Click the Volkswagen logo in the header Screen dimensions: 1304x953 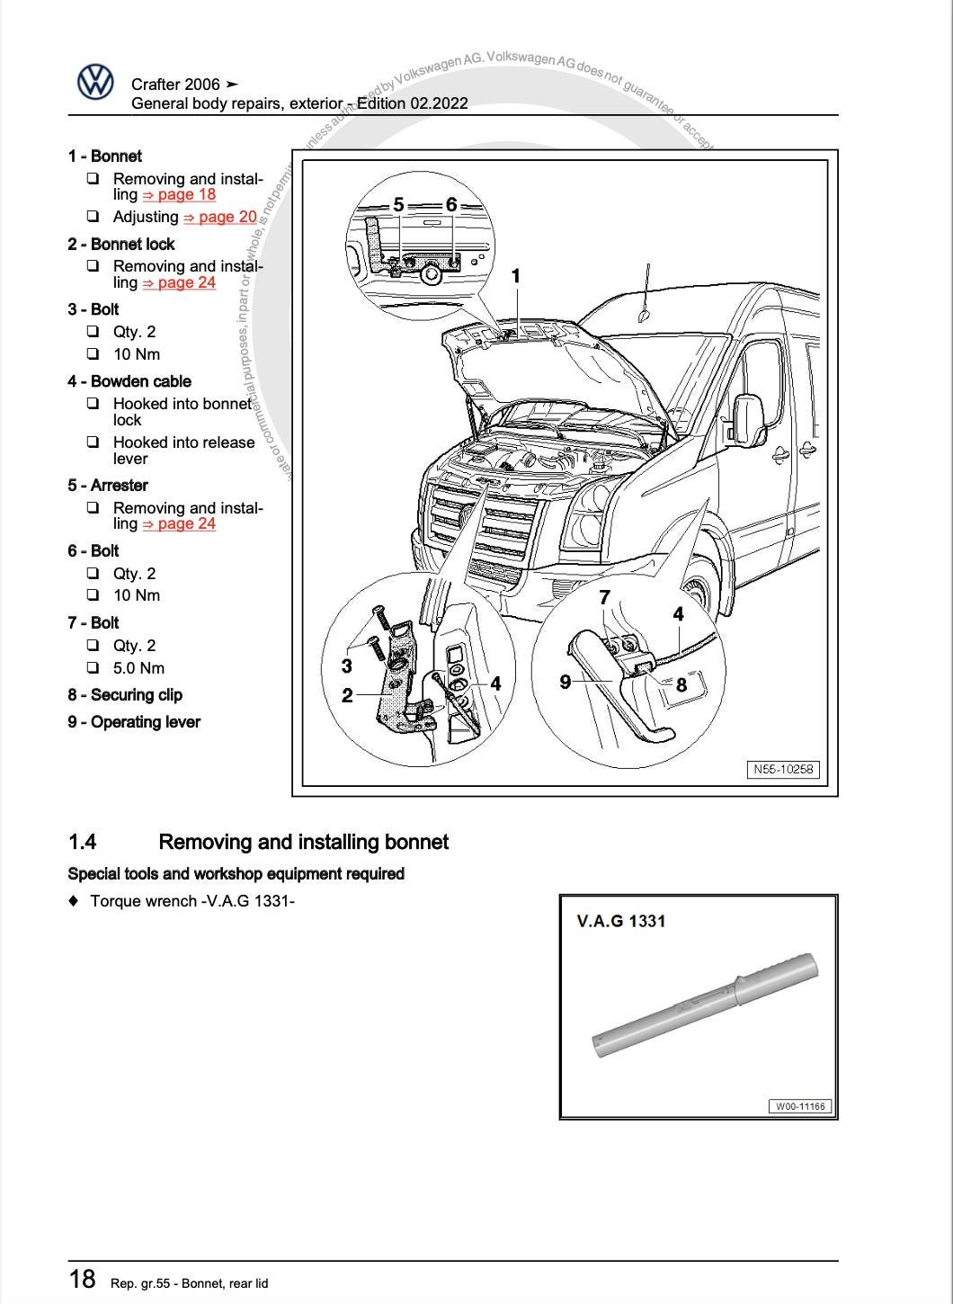[x=95, y=83]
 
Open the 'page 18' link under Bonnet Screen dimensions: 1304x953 [x=179, y=194]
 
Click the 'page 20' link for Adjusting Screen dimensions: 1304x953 [x=220, y=217]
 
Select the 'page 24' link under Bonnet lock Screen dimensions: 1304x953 [x=179, y=282]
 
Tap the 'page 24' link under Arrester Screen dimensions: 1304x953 [x=179, y=523]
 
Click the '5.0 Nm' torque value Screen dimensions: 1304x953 [x=138, y=668]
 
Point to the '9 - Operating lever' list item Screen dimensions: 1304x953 [x=133, y=722]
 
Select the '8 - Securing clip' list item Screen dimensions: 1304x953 [x=124, y=695]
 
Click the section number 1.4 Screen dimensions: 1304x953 [x=82, y=843]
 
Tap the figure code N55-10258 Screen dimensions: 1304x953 [x=783, y=770]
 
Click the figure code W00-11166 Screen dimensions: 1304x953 [x=800, y=1106]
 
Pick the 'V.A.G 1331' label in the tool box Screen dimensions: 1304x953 [x=621, y=921]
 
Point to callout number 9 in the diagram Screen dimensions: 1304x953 [x=566, y=682]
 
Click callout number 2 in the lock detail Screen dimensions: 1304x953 [x=347, y=695]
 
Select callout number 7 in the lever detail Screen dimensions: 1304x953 [x=604, y=597]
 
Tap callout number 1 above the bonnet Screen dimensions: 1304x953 [x=516, y=276]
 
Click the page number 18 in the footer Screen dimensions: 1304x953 [x=82, y=1279]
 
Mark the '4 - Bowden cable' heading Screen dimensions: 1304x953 [x=129, y=381]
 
